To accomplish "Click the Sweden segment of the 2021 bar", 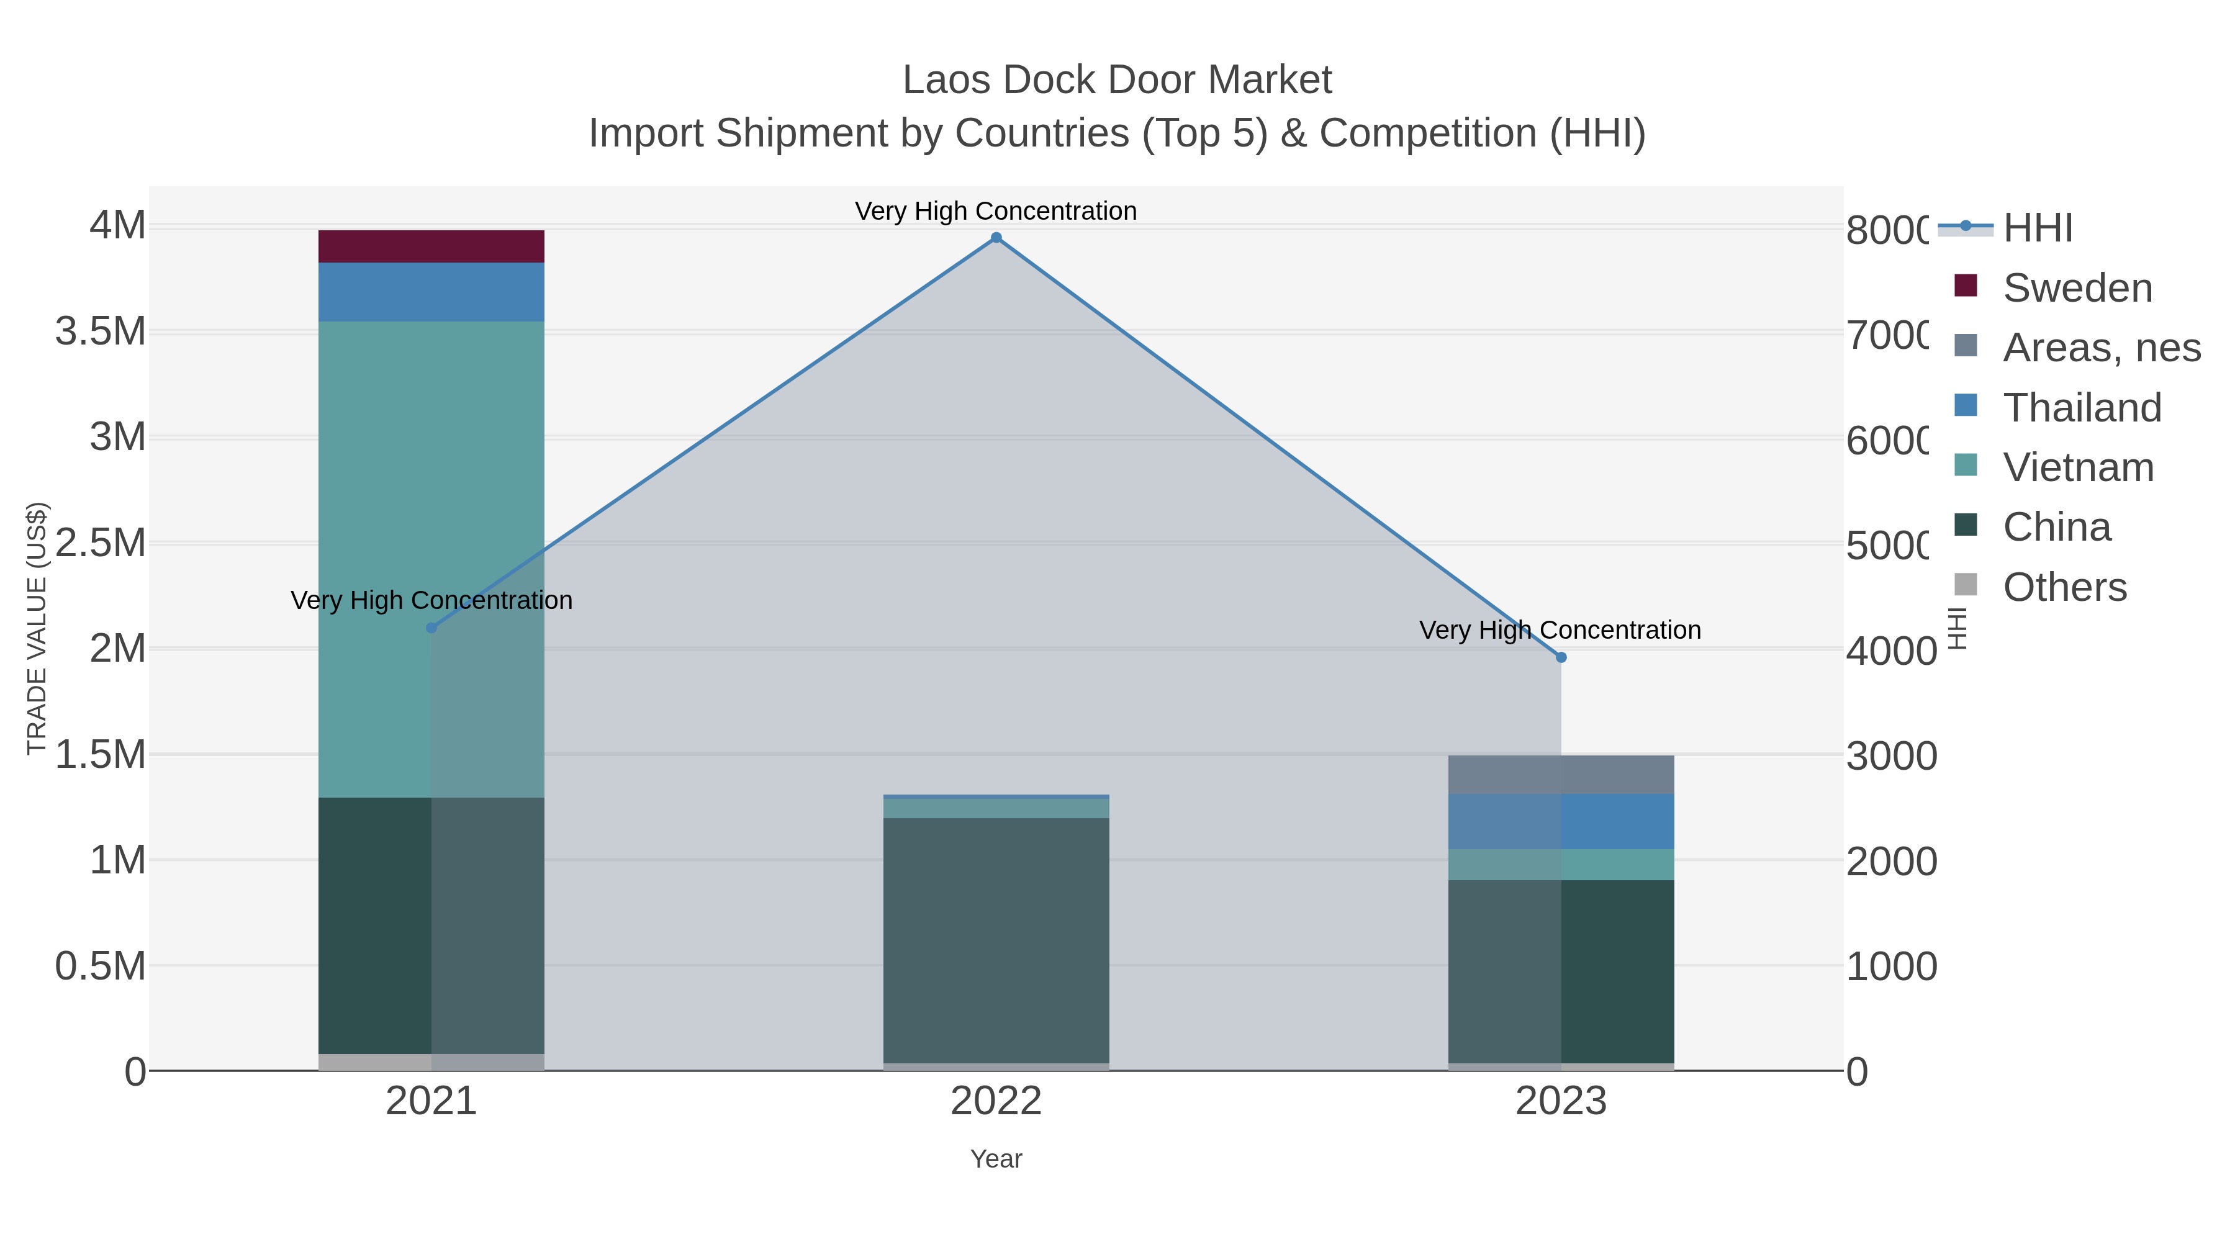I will point(431,246).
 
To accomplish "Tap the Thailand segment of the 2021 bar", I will point(431,292).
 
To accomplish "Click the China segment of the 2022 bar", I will point(996,940).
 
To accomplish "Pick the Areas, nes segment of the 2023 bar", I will point(1561,775).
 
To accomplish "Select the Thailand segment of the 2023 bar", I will point(1561,821).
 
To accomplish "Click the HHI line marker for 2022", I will point(996,238).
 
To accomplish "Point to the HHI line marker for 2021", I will point(431,627).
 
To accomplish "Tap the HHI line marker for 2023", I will point(1561,657).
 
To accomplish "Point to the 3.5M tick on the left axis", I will point(101,331).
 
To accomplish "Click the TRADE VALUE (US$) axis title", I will point(37,628).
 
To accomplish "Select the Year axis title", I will point(996,1159).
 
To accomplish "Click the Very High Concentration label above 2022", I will point(996,211).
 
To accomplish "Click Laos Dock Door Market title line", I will point(1117,80).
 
